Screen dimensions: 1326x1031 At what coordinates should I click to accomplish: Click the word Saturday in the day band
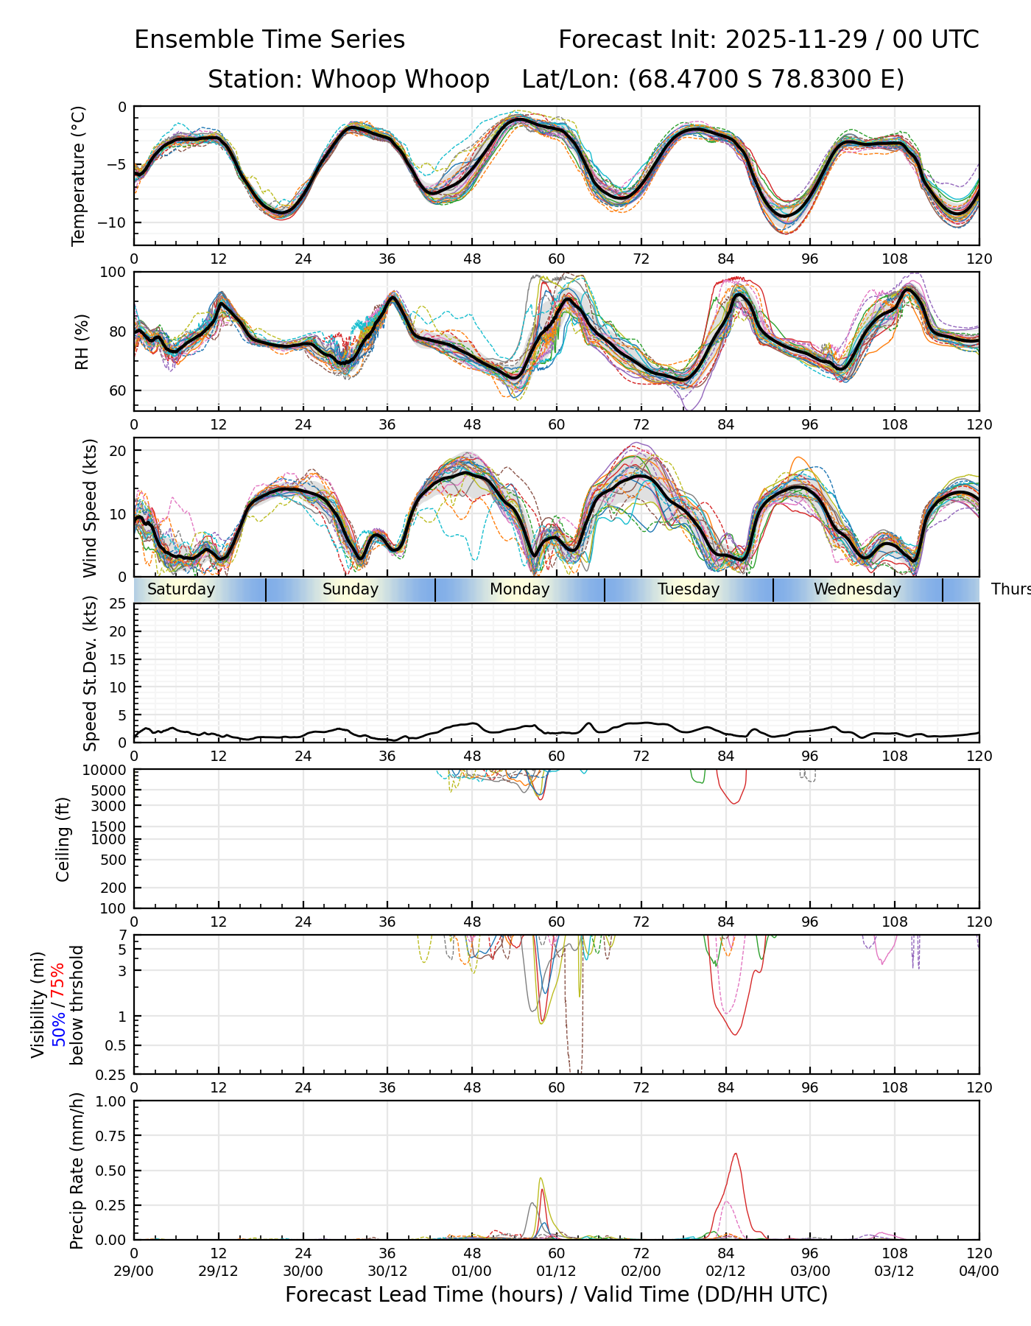[181, 589]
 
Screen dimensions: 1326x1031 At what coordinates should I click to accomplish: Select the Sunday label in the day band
[351, 589]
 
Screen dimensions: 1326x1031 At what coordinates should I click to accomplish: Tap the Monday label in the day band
[520, 589]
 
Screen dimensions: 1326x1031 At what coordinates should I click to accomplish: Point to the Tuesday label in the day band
[689, 589]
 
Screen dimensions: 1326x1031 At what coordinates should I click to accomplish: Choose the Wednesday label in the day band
[857, 589]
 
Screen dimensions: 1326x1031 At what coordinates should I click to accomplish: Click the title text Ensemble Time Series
[270, 40]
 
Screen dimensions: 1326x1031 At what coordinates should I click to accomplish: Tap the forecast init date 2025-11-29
[796, 40]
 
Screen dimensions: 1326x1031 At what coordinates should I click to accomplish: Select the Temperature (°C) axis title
[79, 175]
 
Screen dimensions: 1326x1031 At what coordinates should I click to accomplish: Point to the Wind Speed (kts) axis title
[90, 508]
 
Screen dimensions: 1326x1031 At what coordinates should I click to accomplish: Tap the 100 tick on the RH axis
[113, 273]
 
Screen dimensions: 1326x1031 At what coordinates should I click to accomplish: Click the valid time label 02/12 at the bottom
[725, 1271]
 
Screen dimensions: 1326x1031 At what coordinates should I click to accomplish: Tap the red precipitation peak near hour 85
[735, 1154]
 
